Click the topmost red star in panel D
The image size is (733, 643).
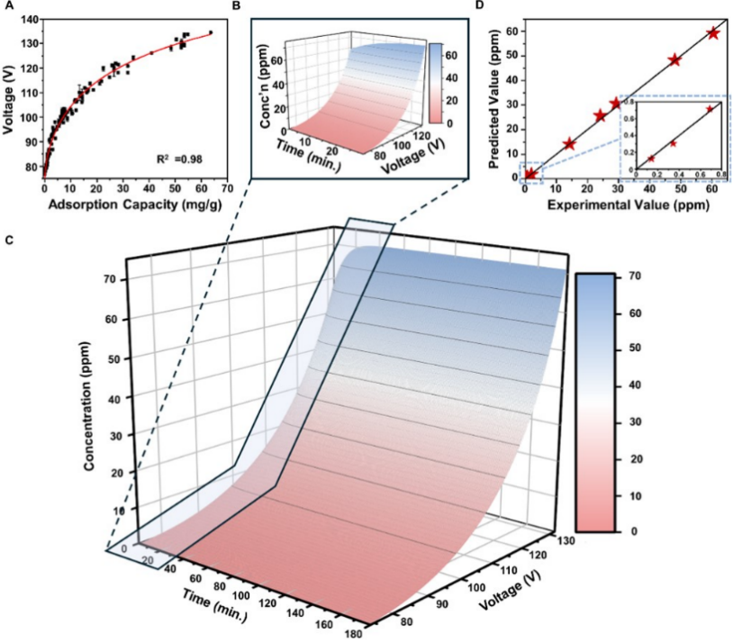[x=713, y=33]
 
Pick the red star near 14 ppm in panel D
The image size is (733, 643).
[x=569, y=143]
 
